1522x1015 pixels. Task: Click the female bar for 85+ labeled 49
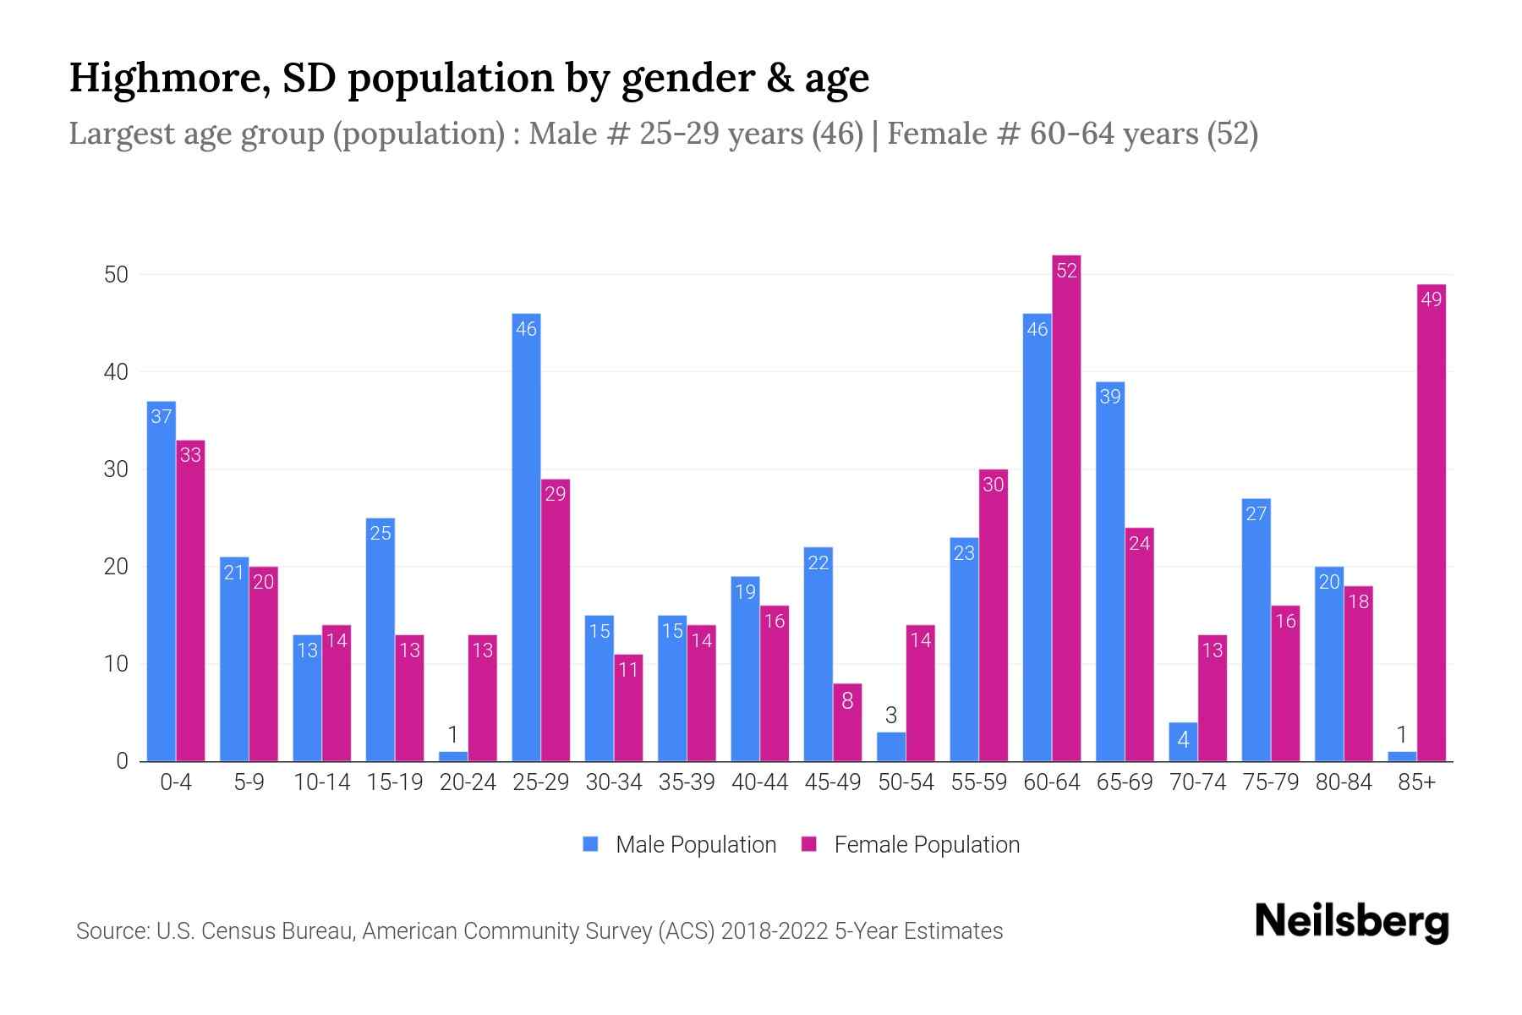[1431, 524]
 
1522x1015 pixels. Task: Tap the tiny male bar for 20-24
[453, 756]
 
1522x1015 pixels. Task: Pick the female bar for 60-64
[1066, 507]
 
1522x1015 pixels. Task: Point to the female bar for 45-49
[847, 723]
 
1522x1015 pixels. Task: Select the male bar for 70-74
[1183, 742]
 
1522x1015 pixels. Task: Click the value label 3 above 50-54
[890, 716]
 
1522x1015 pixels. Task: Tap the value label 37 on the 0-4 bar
[161, 416]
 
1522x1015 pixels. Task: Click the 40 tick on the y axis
[116, 372]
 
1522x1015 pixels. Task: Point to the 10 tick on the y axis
[116, 664]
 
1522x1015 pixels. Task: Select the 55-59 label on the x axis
[978, 782]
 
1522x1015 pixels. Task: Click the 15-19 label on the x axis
[395, 782]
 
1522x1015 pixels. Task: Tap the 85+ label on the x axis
[1416, 782]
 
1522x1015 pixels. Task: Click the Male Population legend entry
[695, 845]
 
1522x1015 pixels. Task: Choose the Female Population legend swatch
[809, 844]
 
